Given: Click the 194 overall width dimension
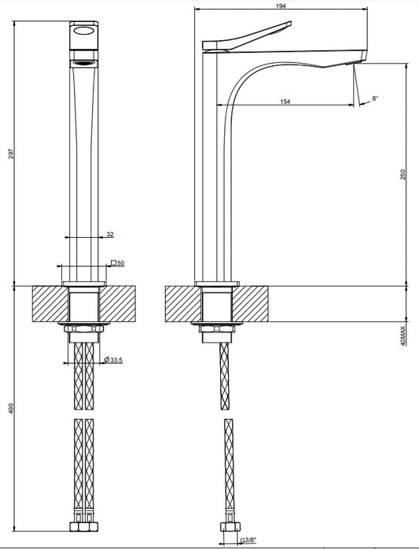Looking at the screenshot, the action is [x=281, y=6].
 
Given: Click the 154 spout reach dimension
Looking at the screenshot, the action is [x=285, y=102].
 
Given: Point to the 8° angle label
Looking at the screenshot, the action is [x=375, y=98].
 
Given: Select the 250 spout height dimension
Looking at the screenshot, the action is [x=403, y=175].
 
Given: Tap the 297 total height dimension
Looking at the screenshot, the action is [x=11, y=154].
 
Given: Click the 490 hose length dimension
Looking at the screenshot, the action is [x=11, y=408].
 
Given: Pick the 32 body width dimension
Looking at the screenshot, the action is [x=110, y=235].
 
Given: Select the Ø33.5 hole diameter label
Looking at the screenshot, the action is [x=113, y=360].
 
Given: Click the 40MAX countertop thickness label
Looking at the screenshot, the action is [x=403, y=336].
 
